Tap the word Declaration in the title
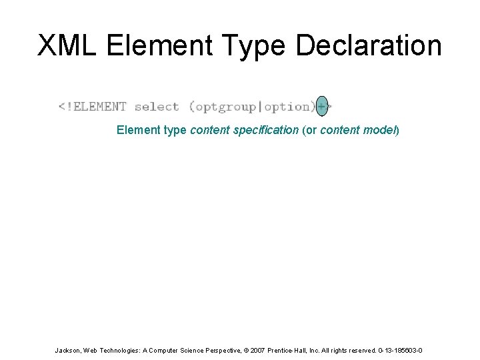pyautogui.click(x=369, y=45)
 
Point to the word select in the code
pyautogui.click(x=157, y=107)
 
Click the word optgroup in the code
pyautogui.click(x=225, y=107)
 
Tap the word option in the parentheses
pyautogui.click(x=287, y=107)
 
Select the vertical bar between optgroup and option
pyautogui.click(x=261, y=107)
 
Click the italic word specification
pyautogui.click(x=265, y=130)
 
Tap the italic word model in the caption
pyautogui.click(x=379, y=130)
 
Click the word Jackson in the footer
pyautogui.click(x=68, y=350)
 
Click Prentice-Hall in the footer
pyautogui.click(x=283, y=350)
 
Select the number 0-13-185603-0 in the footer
pyautogui.click(x=398, y=350)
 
